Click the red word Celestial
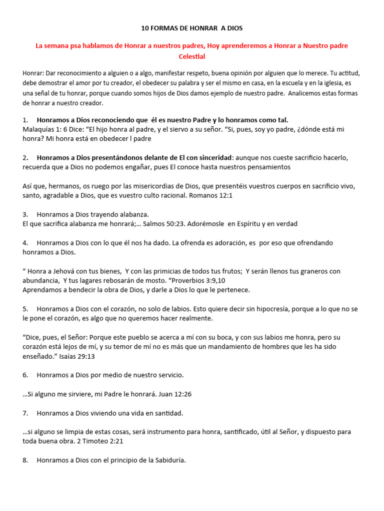[192, 56]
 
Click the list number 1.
[25, 120]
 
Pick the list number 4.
[25, 243]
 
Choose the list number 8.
[25, 460]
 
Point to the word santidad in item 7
[167, 413]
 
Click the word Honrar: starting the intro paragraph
[33, 73]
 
